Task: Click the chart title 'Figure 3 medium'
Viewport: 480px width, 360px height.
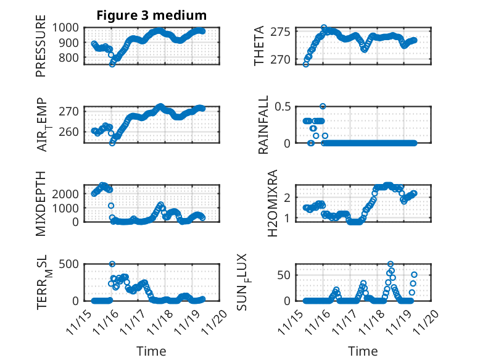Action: pyautogui.click(x=151, y=15)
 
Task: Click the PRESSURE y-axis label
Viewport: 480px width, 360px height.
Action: pyautogui.click(x=41, y=49)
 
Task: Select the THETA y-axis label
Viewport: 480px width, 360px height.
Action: pyautogui.click(x=259, y=46)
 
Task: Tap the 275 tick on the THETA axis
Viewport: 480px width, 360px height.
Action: pyautogui.click(x=283, y=32)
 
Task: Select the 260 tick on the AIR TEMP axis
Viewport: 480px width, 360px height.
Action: pyautogui.click(x=70, y=132)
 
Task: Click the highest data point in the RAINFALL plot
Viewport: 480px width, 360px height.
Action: pyautogui.click(x=323, y=106)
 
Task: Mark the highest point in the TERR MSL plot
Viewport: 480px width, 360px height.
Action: pyautogui.click(x=112, y=264)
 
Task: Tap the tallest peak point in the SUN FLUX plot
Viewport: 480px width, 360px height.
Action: pyautogui.click(x=391, y=264)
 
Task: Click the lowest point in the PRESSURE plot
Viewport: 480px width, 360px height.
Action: pyautogui.click(x=112, y=64)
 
